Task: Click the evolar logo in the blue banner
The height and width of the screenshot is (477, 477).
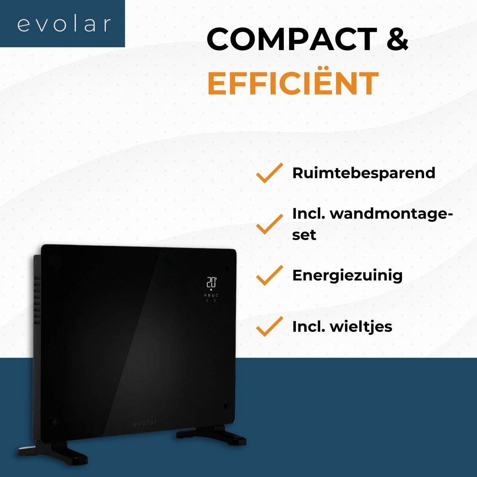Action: (x=64, y=24)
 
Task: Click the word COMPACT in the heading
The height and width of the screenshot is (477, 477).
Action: (x=292, y=39)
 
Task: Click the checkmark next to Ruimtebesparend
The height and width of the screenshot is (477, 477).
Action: (x=270, y=173)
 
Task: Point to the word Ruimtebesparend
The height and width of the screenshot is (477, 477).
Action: (x=364, y=173)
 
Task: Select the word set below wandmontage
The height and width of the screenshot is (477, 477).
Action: (x=304, y=235)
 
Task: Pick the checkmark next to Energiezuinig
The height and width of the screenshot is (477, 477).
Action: (x=270, y=275)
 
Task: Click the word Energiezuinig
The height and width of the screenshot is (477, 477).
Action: (x=347, y=275)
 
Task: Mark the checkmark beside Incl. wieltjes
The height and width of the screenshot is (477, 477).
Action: (x=270, y=326)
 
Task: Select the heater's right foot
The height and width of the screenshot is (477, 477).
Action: (x=211, y=436)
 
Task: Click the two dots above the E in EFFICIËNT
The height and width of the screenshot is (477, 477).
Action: (x=326, y=68)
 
